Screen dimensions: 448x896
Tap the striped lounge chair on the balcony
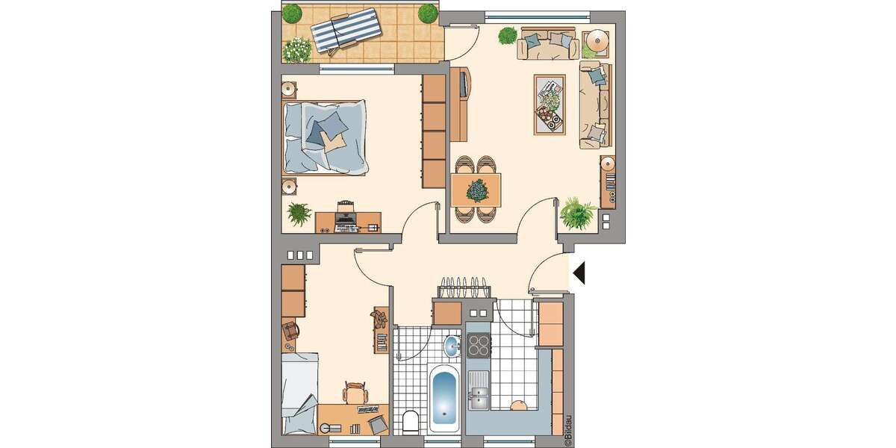point(345,32)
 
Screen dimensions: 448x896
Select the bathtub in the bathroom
point(444,399)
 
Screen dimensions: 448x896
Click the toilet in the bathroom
point(409,423)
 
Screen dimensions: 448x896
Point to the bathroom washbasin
point(452,346)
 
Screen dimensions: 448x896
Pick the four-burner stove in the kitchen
point(478,346)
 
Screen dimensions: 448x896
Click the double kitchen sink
point(478,393)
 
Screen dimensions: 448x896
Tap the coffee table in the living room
point(550,105)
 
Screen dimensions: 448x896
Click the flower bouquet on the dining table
point(476,190)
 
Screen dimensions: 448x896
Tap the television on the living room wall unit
point(464,83)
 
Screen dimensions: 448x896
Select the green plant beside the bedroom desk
point(299,214)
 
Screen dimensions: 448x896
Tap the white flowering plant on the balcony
point(296,49)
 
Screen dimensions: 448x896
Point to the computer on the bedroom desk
point(345,215)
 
